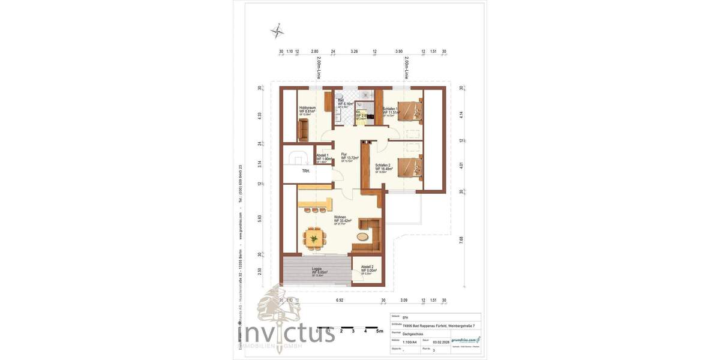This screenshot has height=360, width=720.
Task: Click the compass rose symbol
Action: click(x=277, y=30)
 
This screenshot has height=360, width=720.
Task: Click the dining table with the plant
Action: click(x=313, y=238)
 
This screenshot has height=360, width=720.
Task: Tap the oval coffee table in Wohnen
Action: click(x=364, y=236)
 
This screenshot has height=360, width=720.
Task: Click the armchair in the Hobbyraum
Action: click(x=303, y=128)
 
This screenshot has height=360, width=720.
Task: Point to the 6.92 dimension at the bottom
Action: click(x=339, y=300)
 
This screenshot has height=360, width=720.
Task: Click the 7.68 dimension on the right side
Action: click(x=461, y=239)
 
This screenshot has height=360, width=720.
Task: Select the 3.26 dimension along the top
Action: click(x=354, y=52)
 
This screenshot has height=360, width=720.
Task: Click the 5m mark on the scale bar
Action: click(x=379, y=331)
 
